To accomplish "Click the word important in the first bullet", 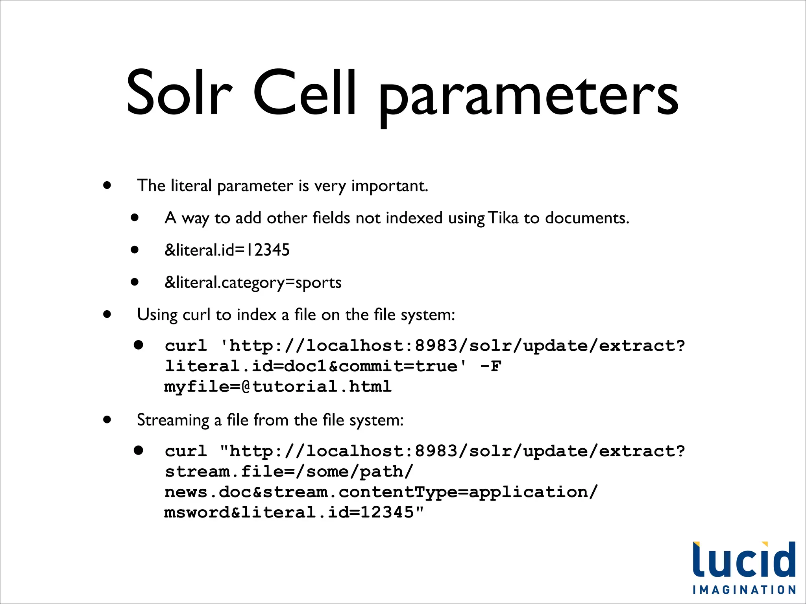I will tap(389, 186).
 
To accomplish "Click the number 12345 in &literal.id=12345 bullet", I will tap(268, 250).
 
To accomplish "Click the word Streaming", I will tap(173, 420).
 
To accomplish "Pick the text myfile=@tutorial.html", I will tap(278, 387).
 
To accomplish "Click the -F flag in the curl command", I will tap(491, 366).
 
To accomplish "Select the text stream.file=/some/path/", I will tap(289, 471).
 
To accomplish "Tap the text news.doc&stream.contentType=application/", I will tap(381, 492).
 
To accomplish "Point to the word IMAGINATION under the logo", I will tap(744, 590).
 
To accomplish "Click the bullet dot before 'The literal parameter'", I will tap(107, 185).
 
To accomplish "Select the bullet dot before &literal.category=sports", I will tap(135, 282).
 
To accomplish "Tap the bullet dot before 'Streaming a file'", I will tap(107, 419).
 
